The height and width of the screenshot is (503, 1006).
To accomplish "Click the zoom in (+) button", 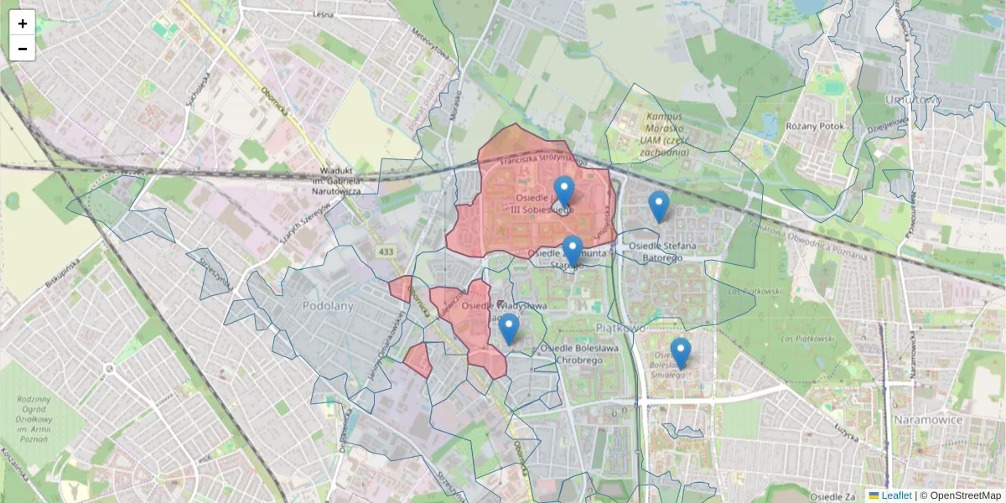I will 23,23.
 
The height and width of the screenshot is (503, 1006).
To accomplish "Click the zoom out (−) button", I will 23,49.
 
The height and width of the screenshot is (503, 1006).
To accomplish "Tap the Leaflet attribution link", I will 895,495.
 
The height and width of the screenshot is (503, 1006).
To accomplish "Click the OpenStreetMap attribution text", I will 965,495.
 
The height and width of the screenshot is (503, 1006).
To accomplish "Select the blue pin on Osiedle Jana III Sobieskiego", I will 564,191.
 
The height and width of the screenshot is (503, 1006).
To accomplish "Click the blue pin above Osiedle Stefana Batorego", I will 659,205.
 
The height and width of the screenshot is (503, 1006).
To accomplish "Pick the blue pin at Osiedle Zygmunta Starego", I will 573,251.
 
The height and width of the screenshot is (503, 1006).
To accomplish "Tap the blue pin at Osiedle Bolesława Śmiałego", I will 680,353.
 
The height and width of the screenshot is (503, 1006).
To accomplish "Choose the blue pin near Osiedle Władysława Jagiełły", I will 509,329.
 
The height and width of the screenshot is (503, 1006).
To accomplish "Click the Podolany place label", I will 328,306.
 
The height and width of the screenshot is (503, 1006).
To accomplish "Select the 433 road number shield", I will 385,251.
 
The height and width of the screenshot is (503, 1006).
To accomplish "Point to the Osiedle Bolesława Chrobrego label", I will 580,354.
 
